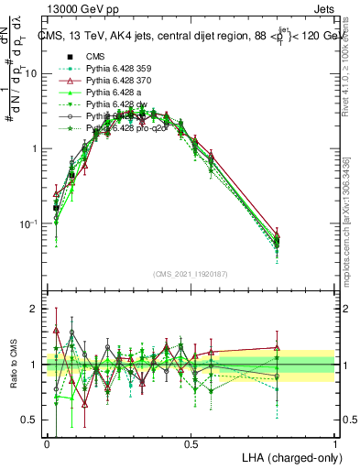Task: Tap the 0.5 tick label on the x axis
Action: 191,443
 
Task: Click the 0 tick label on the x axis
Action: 47,443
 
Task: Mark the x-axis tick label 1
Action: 335,443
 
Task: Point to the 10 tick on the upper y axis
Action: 33,73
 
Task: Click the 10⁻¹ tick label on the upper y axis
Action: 30,224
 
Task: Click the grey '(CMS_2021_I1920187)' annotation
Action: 191,274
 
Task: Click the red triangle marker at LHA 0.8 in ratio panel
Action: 277,347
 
